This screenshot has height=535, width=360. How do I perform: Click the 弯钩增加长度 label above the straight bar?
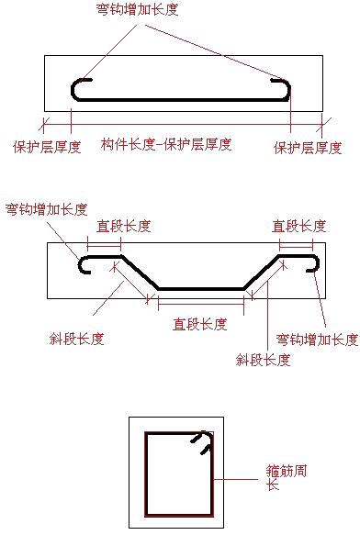138,10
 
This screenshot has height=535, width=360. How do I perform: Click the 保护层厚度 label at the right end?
309,147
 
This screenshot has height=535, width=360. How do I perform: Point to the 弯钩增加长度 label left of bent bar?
46,209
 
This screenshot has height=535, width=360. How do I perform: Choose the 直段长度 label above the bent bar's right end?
299,226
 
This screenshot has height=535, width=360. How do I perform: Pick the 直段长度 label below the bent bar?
200,324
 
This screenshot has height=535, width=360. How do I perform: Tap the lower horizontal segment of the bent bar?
201,288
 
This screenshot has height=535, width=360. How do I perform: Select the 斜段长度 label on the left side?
76,339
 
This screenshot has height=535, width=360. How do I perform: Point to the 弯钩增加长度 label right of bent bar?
317,340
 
